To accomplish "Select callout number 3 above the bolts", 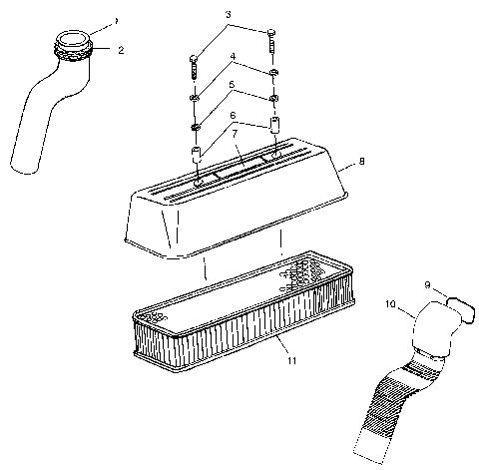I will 228,15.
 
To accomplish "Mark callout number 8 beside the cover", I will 361,159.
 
